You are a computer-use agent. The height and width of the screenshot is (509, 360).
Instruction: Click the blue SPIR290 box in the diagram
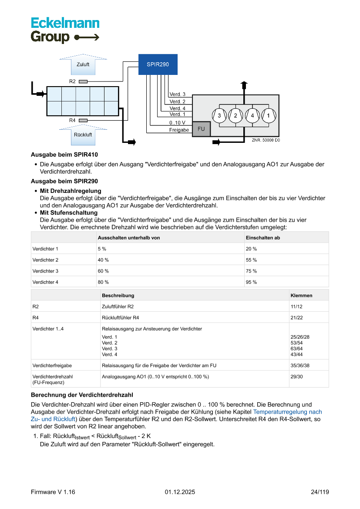pos(158,64)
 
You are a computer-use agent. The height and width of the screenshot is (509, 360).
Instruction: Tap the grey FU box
pos(201,129)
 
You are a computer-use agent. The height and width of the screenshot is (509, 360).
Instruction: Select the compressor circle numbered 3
pos(219,115)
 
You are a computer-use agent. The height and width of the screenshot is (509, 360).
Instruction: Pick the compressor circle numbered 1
pos(269,115)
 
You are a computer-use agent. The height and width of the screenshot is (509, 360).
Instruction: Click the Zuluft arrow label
pos(83,64)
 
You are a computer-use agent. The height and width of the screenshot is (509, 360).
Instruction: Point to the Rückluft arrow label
pos(83,135)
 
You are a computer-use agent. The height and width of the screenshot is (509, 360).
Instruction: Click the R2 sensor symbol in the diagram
pos(83,81)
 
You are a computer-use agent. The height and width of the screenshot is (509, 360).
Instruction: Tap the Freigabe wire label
pos(179,130)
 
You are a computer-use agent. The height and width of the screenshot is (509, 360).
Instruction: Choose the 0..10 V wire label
pos(177,122)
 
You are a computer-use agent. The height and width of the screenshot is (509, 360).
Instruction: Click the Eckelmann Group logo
pos(65,30)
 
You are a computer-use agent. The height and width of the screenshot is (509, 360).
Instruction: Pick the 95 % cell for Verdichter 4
pos(251,282)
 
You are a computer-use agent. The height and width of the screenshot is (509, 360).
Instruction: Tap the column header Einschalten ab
pos(262,238)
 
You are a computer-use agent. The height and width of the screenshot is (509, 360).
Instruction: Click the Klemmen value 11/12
pos(297,307)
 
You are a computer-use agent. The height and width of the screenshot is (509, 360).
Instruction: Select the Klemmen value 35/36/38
pos(299,365)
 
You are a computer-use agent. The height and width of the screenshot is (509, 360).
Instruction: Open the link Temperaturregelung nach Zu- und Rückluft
pos(287,411)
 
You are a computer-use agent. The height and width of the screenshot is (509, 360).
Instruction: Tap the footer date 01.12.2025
pos(180,492)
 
